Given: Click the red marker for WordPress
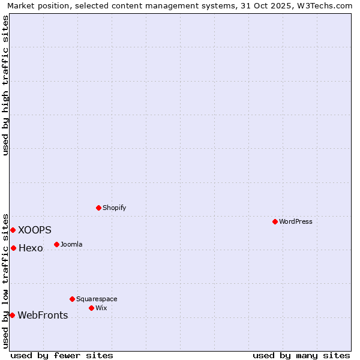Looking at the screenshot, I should (275, 221).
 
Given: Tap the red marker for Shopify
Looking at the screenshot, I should (98, 208).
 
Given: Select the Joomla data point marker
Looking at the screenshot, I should (56, 244).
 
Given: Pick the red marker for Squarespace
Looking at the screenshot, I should (72, 299).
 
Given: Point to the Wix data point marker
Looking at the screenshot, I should (91, 308).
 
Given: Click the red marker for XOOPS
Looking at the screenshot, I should (13, 230).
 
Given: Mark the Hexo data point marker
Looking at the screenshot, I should (13, 248).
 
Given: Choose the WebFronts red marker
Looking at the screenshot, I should (12, 315).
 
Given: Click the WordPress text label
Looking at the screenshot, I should (296, 221).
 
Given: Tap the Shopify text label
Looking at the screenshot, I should (115, 208).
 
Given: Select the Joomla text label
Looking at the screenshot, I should (71, 244).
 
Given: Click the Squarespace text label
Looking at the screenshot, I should (97, 299).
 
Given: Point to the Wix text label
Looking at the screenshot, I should (101, 308).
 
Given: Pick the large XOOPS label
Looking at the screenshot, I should (35, 230).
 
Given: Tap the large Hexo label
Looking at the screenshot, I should (31, 248).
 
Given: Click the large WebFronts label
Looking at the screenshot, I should (43, 315).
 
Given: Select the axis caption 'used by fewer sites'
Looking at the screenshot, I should (62, 355).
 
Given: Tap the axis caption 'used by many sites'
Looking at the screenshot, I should (301, 355).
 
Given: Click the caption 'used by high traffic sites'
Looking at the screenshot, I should (5, 85).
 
